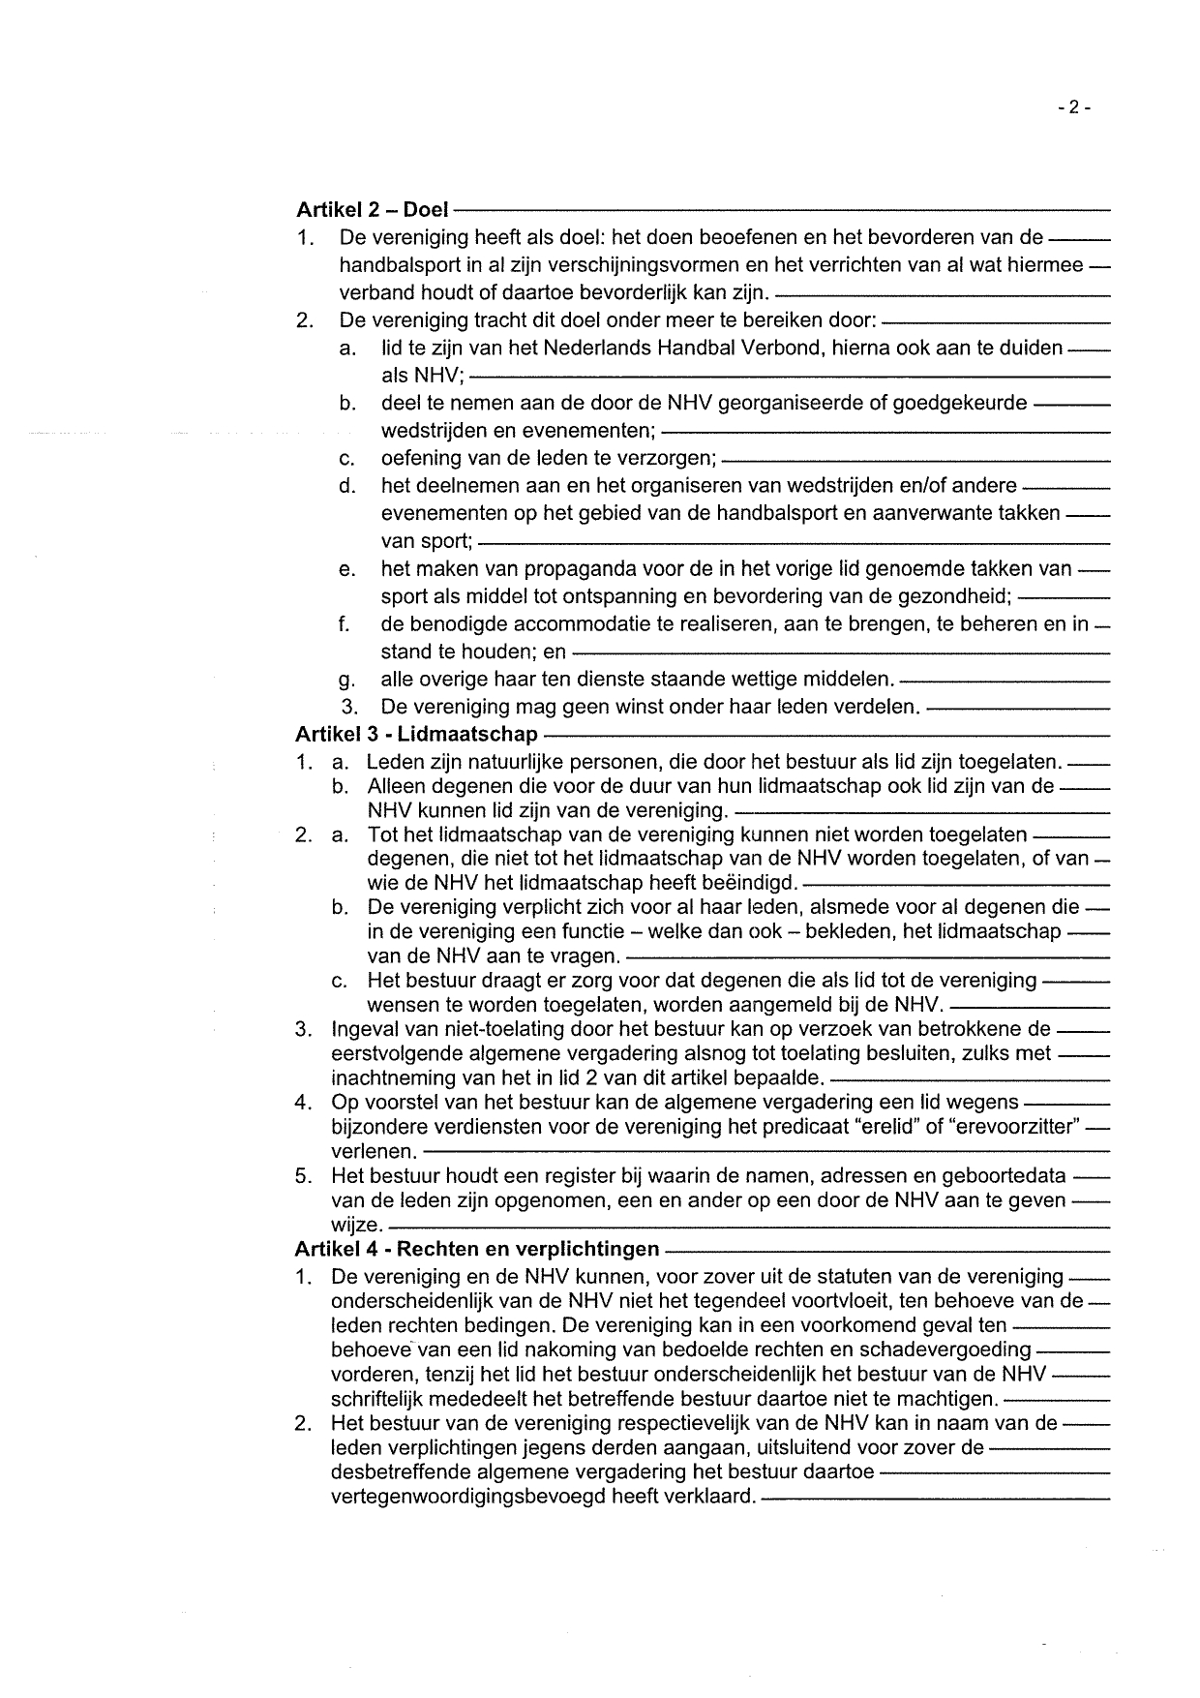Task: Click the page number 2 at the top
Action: click(x=1074, y=107)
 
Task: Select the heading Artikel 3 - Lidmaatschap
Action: click(x=416, y=735)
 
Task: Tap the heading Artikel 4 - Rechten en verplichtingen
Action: click(x=477, y=1249)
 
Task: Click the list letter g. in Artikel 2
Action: click(x=348, y=681)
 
